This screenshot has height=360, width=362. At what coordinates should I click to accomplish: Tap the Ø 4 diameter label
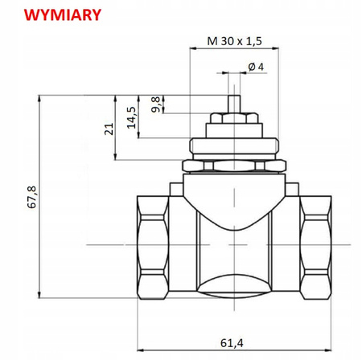click(257, 66)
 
